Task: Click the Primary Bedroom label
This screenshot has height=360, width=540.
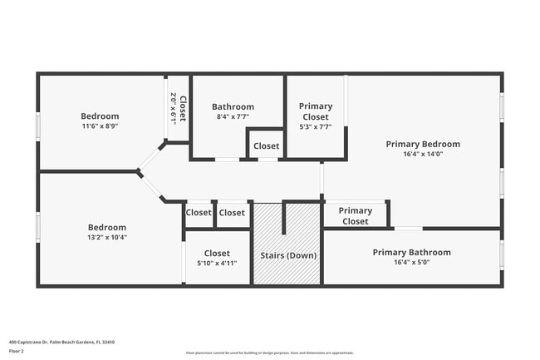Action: tap(423, 144)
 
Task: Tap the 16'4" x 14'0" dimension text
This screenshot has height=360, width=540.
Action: tap(423, 154)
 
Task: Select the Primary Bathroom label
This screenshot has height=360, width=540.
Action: tap(411, 252)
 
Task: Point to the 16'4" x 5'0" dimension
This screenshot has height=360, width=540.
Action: tap(411, 262)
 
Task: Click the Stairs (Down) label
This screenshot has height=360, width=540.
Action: tap(288, 255)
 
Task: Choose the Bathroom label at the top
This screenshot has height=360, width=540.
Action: tap(233, 106)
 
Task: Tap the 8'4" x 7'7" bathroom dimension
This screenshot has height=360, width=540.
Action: tap(233, 116)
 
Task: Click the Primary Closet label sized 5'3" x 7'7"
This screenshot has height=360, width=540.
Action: tap(315, 111)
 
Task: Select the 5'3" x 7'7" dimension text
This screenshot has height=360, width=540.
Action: tap(315, 127)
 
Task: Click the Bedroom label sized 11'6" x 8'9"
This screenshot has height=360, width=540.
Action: tap(100, 116)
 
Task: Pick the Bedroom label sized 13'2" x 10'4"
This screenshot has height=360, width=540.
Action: tap(107, 227)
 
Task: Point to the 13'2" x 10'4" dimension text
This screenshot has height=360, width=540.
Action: tap(107, 237)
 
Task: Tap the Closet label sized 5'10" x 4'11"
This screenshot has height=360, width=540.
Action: tap(217, 253)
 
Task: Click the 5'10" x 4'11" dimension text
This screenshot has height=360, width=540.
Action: tap(217, 263)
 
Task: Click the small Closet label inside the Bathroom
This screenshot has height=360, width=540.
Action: tap(267, 146)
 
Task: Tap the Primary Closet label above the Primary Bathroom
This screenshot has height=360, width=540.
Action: tap(356, 215)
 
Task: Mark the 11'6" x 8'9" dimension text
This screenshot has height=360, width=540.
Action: tap(100, 126)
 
